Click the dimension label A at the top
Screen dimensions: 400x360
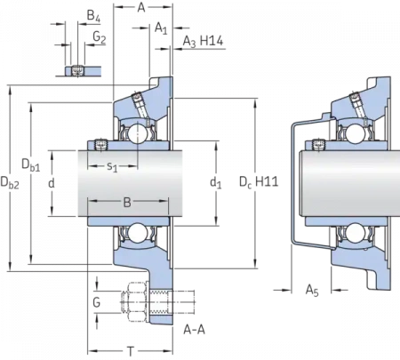click(141, 8)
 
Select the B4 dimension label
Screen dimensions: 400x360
click(93, 16)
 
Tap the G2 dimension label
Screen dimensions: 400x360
click(100, 37)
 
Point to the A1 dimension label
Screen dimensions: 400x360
click(161, 28)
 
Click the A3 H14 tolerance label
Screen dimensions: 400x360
click(203, 41)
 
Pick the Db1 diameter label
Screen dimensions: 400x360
click(30, 165)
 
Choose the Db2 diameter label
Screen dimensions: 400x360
click(10, 182)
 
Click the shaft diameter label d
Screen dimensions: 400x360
click(52, 183)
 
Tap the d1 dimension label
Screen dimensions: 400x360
click(216, 182)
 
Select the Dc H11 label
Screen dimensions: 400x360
click(259, 182)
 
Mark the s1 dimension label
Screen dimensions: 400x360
click(112, 166)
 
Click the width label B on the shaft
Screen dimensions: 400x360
click(127, 203)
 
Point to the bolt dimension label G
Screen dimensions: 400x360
click(97, 302)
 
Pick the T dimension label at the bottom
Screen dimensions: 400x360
click(131, 352)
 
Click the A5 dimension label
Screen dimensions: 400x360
click(312, 290)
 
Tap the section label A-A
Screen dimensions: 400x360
click(194, 330)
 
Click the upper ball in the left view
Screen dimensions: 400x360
click(137, 132)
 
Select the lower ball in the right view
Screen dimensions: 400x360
click(355, 233)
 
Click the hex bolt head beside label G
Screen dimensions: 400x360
click(137, 302)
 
